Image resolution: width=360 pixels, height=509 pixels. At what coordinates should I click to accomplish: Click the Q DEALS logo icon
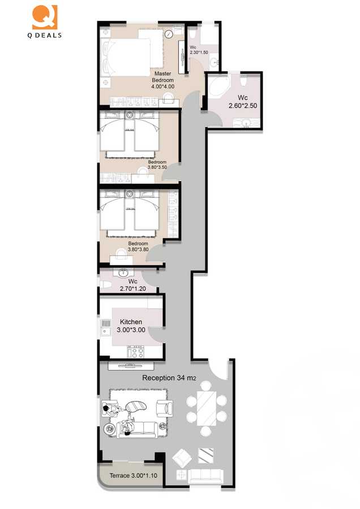45,17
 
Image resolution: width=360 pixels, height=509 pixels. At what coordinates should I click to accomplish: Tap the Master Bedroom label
162,76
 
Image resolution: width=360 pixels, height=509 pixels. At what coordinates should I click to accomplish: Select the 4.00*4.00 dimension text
162,87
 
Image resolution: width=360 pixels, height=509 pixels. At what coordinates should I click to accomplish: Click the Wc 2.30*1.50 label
199,49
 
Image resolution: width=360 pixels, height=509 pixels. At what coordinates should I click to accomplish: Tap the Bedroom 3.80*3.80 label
139,246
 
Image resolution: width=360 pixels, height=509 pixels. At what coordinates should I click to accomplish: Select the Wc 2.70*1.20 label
132,284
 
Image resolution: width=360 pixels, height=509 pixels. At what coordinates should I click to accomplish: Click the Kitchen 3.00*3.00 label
131,325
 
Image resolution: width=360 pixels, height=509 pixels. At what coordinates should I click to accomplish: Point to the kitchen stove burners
136,352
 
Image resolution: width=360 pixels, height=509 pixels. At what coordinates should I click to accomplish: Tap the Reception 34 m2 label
169,378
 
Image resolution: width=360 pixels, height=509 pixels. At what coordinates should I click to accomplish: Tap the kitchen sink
105,327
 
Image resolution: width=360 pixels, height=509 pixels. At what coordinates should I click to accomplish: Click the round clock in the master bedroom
169,35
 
